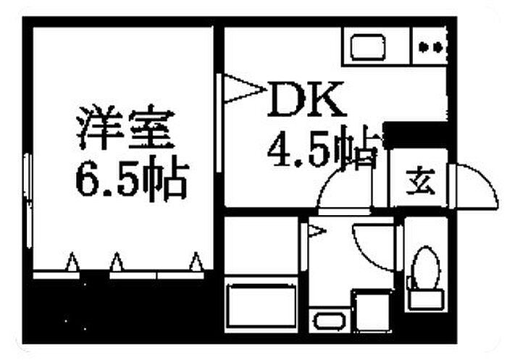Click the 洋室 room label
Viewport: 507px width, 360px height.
coord(125,127)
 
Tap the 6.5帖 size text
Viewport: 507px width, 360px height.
coord(132,177)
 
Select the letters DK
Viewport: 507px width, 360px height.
coord(306,99)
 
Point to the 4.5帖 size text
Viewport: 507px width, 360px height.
coord(322,148)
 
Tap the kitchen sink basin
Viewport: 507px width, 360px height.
coord(368,47)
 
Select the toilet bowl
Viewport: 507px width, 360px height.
coord(427,267)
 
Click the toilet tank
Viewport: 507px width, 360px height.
coord(426,299)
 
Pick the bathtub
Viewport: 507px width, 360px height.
coord(261,305)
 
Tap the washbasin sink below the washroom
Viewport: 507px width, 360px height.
coord(330,321)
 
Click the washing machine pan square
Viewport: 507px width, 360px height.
coord(372,311)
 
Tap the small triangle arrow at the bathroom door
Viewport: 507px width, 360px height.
coord(316,231)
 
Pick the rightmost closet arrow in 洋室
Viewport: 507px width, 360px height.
coord(196,261)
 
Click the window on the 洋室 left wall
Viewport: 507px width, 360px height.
coord(28,201)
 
